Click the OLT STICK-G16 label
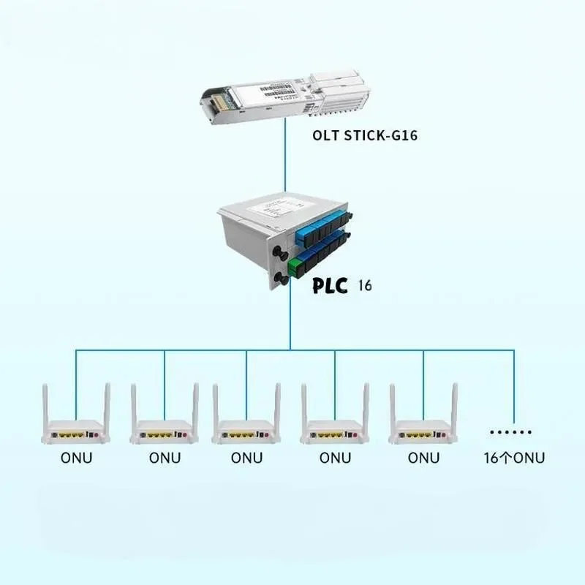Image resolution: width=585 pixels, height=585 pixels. click(x=365, y=135)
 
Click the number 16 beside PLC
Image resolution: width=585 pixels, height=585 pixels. click(x=365, y=284)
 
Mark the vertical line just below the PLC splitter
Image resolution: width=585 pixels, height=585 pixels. click(x=291, y=322)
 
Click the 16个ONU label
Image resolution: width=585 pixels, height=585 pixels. click(x=514, y=458)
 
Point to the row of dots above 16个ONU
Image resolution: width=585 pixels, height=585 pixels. click(x=511, y=432)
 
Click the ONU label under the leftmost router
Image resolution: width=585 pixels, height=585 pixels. click(x=76, y=458)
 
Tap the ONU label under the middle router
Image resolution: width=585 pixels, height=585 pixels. click(x=246, y=458)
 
